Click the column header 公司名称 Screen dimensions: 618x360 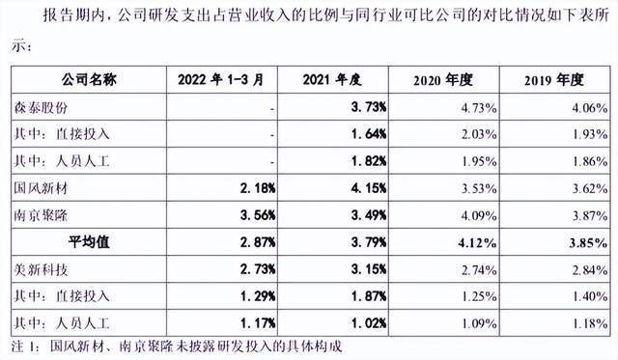[89, 80]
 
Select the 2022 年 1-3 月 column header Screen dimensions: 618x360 [221, 80]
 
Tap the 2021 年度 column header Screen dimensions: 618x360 [332, 80]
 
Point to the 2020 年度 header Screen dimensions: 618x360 [443, 80]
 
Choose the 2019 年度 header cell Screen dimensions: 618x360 [554, 80]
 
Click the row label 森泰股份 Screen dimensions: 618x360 [41, 107]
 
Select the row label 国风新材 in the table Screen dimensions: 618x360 [41, 188]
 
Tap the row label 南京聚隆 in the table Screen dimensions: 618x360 [41, 215]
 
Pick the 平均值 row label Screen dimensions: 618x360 [89, 242]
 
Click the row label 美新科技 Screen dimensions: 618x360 [41, 269]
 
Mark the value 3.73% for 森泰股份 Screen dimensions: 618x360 [369, 107]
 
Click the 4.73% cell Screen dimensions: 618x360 [479, 107]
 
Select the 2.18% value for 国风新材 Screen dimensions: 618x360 [258, 188]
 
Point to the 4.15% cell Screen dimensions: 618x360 [369, 188]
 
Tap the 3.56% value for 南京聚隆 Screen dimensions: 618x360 [258, 215]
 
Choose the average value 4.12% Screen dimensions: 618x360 [477, 242]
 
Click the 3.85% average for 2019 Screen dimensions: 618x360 [588, 242]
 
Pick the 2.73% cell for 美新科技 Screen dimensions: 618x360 [258, 269]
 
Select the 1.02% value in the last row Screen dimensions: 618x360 [369, 323]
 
